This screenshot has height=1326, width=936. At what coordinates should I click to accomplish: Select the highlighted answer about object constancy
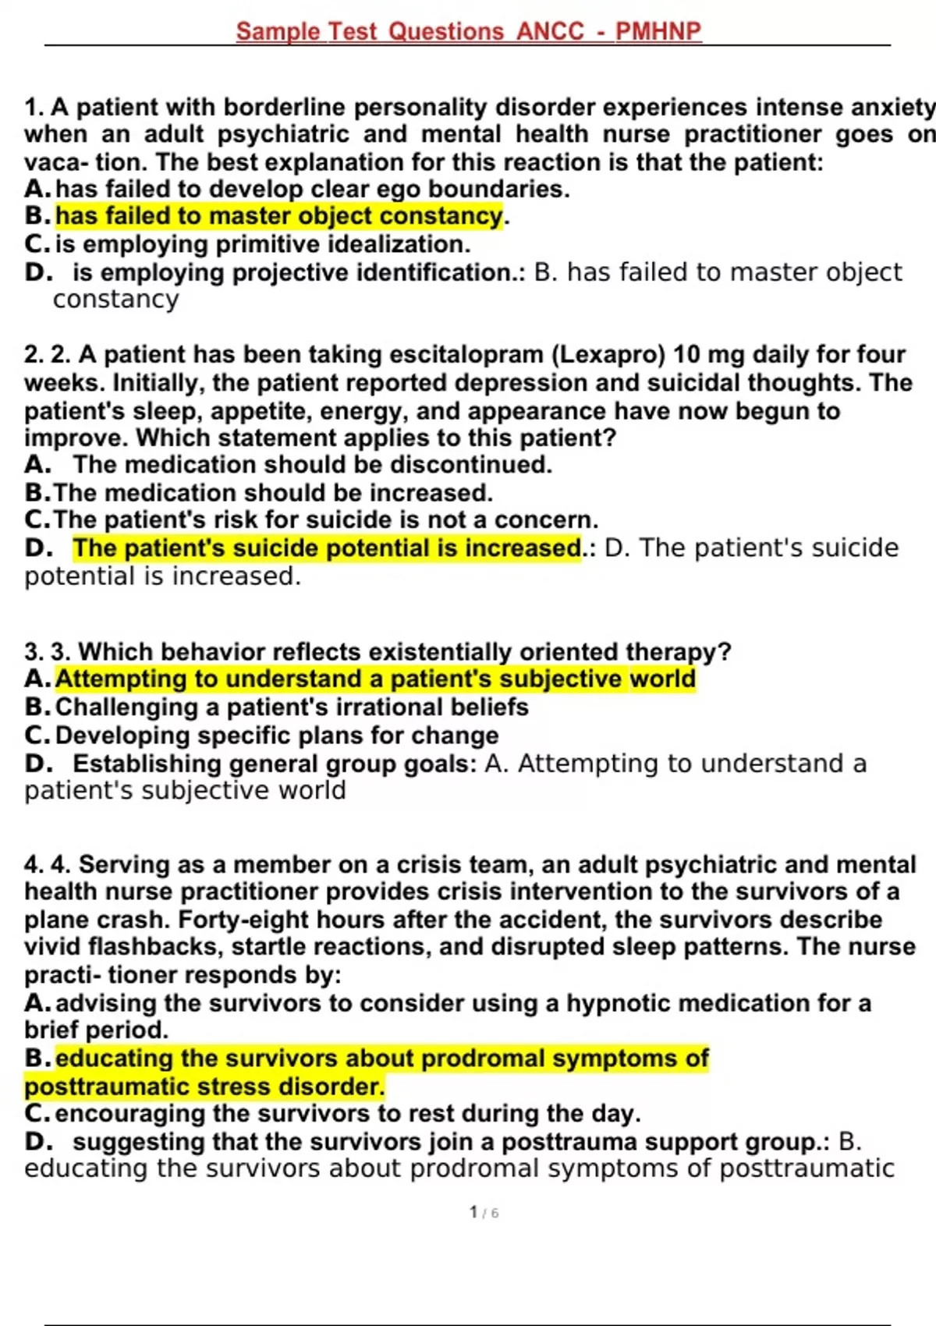(279, 216)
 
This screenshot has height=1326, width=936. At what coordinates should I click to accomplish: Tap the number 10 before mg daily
(686, 355)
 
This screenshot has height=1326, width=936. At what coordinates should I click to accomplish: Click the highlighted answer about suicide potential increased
(327, 548)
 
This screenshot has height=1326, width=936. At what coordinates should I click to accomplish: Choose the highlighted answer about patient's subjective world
(374, 679)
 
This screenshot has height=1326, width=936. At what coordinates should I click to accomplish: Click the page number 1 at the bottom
(473, 1212)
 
